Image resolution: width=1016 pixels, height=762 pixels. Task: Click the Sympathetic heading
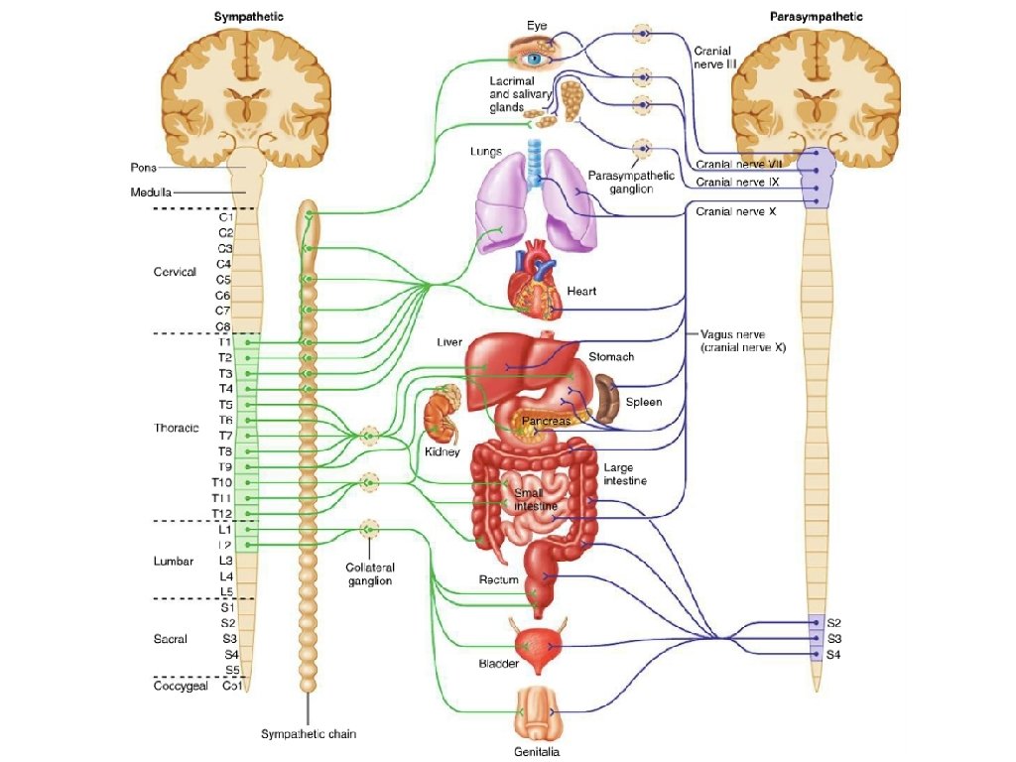coord(249,17)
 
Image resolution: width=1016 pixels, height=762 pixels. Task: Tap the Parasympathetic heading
coord(816,17)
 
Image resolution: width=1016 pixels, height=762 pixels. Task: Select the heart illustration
coord(535,279)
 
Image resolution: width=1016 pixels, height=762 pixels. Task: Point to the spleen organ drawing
coord(608,399)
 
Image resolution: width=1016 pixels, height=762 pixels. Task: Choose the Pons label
coord(143,167)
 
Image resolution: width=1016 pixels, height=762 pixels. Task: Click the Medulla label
coord(151,192)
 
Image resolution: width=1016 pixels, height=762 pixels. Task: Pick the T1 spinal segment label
coord(225,342)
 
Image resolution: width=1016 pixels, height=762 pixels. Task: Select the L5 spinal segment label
coord(226,591)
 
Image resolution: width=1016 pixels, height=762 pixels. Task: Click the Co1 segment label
coord(232,686)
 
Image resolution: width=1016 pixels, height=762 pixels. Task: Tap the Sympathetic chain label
coord(309,734)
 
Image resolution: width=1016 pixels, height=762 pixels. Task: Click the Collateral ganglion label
coord(370,574)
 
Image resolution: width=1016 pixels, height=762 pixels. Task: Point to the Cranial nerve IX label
coord(737,183)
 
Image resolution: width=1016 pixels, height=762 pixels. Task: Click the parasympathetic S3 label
coord(833,639)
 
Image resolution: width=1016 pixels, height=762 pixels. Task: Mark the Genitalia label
coord(537,752)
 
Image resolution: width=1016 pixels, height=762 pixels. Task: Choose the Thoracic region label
coord(177,428)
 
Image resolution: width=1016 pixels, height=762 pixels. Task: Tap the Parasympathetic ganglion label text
coord(631,183)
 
